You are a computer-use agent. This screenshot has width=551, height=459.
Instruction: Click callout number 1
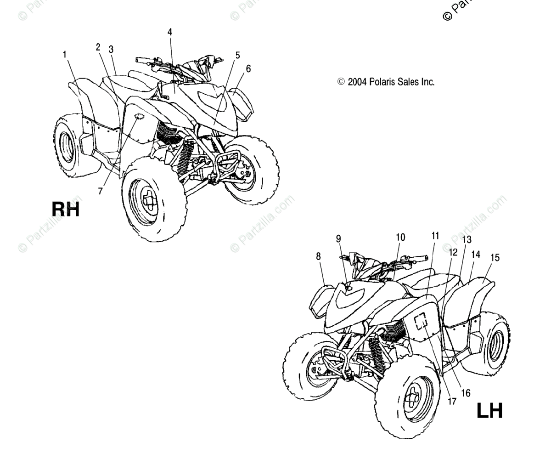coord(65,55)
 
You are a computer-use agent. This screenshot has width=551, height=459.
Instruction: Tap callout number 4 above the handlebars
coord(170,32)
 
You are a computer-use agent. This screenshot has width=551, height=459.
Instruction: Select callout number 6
coord(248,69)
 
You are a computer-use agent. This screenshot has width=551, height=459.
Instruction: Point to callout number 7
coord(101,191)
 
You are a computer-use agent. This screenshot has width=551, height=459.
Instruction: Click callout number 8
coord(318,256)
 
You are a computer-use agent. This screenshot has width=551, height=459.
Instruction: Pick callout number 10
coord(400,237)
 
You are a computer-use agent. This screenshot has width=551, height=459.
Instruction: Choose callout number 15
coord(495,258)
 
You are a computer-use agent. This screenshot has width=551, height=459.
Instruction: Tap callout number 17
coord(452,401)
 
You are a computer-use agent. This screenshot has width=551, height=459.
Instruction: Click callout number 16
coord(466,393)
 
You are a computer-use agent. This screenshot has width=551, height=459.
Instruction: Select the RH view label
coord(66,209)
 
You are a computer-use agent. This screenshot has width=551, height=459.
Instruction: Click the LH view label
coord(489,410)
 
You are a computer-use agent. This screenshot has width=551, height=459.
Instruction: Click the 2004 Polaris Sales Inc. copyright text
coord(386,82)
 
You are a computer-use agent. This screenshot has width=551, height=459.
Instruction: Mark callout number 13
coord(467,240)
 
